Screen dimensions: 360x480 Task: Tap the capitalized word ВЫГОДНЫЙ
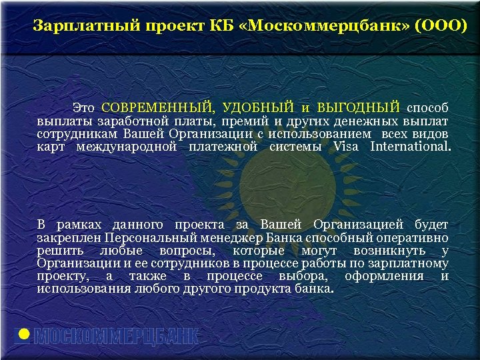coord(359,107)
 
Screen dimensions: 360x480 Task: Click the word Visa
coord(345,146)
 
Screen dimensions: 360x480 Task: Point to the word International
coord(410,146)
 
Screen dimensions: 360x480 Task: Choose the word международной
coord(127,146)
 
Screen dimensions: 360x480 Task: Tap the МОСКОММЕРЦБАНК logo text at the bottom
coord(117,337)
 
